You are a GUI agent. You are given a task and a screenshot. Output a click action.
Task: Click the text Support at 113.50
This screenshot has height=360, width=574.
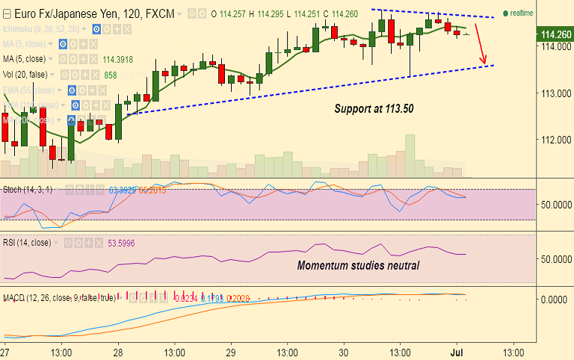click(374, 108)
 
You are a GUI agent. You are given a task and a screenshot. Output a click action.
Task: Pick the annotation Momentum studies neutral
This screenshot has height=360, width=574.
click(358, 265)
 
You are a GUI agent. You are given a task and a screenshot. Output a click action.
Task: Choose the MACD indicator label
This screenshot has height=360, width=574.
click(58, 297)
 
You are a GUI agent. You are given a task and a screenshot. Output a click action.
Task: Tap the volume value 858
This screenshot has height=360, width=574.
click(111, 75)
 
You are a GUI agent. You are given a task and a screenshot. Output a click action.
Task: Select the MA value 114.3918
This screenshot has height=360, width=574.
click(118, 60)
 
